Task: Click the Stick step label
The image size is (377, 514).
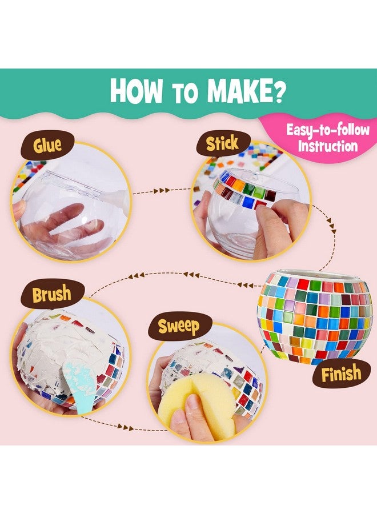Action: [x=222, y=143]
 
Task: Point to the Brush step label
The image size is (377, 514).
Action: [x=51, y=295]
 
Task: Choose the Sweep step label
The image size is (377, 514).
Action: [x=179, y=327]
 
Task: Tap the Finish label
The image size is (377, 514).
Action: [x=341, y=374]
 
